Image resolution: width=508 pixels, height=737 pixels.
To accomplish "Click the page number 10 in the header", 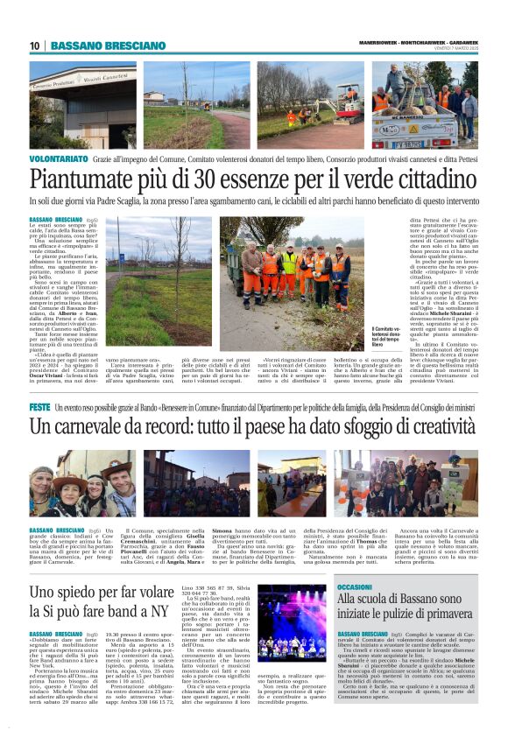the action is [34, 46].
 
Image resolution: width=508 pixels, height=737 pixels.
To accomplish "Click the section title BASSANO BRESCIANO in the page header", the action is [108, 46].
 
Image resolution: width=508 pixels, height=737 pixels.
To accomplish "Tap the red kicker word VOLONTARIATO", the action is [59, 159].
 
